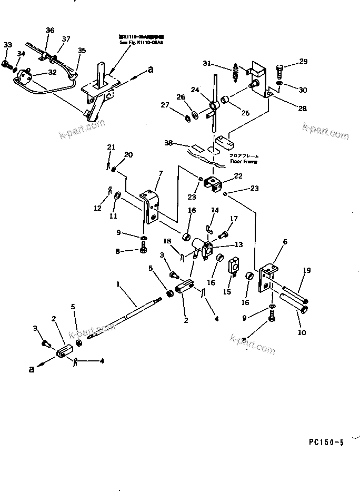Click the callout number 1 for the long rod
[118, 284]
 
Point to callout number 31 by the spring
[207, 64]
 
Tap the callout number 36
[50, 31]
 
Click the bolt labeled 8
[143, 250]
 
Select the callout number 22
[238, 176]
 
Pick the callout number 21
[111, 146]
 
